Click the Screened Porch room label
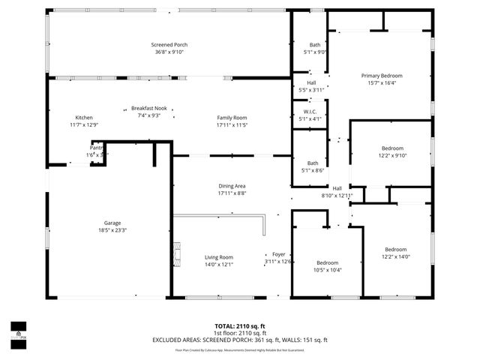tap(164, 45)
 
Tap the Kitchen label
tap(84, 118)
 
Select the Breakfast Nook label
tap(148, 108)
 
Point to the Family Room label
tap(232, 118)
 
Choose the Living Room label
tap(219, 257)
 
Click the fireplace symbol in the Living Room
tap(177, 256)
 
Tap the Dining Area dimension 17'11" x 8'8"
tap(232, 193)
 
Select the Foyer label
tap(278, 254)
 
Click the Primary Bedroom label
tap(382, 76)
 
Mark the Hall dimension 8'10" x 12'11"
tap(337, 195)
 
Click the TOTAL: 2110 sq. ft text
tap(239, 326)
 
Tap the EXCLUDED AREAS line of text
tap(239, 340)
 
